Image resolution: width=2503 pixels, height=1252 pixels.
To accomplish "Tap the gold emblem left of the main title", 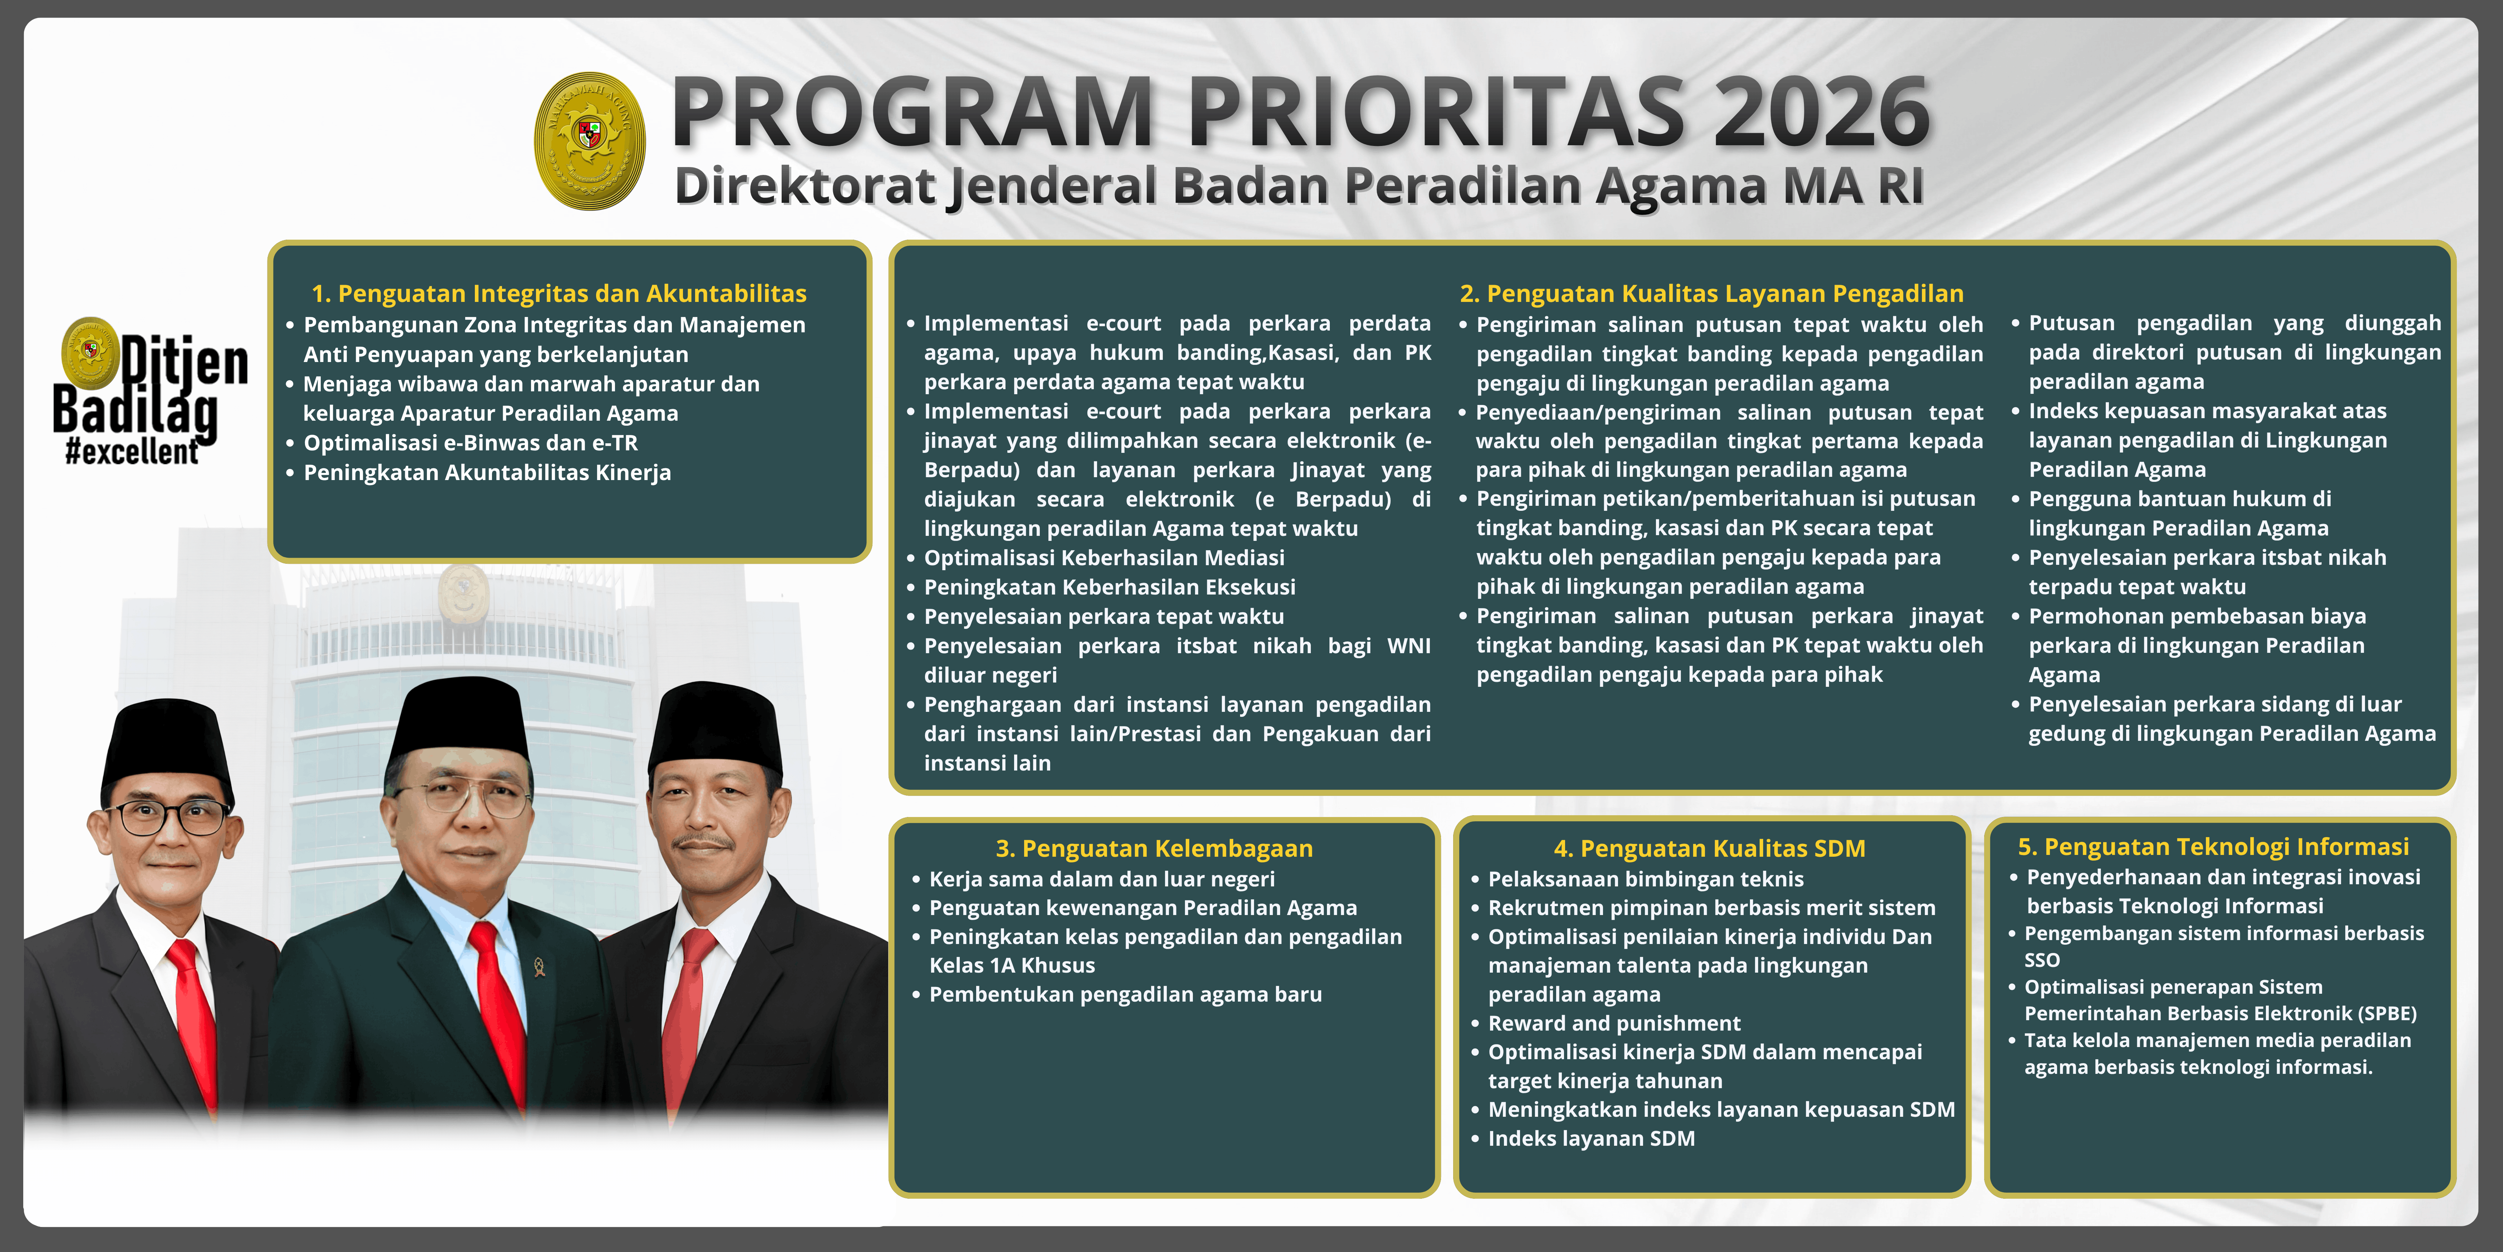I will [590, 141].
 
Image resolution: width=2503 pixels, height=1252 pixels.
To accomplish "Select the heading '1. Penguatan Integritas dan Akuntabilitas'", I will [559, 294].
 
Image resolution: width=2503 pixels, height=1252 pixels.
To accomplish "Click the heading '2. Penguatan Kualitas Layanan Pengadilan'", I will [1711, 294].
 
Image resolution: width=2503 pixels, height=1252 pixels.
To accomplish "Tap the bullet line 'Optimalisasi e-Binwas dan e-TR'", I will [470, 443].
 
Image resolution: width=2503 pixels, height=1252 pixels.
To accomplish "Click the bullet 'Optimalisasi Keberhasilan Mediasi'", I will [1104, 558].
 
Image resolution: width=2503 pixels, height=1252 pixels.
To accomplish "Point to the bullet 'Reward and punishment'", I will [1614, 1023].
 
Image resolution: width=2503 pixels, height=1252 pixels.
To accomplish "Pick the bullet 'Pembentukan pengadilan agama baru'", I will [1125, 994].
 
